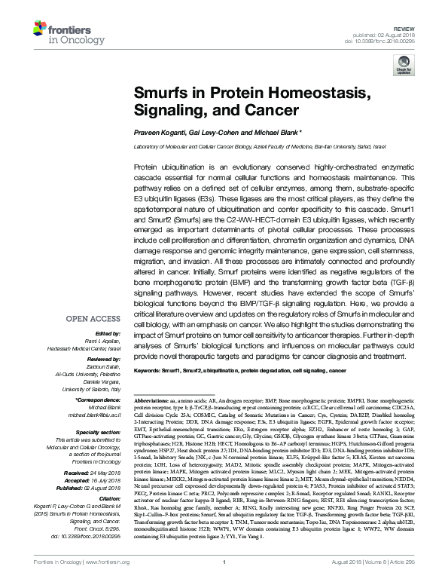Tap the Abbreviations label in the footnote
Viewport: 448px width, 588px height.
(155, 397)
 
